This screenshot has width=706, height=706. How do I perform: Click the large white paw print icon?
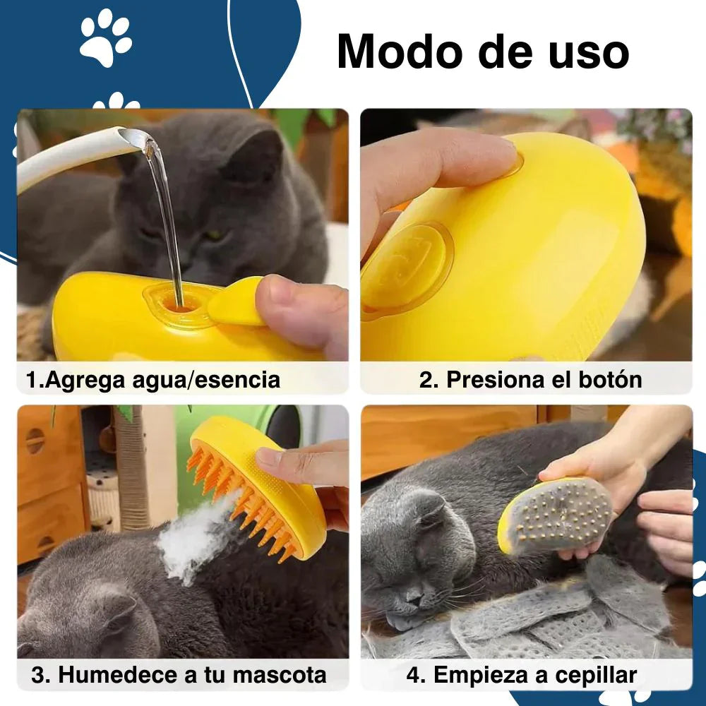pyautogui.click(x=106, y=38)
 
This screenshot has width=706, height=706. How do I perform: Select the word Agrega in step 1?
pyautogui.click(x=85, y=381)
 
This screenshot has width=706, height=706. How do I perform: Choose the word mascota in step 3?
pyautogui.click(x=279, y=675)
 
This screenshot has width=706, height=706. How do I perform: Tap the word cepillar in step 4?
pyautogui.click(x=596, y=676)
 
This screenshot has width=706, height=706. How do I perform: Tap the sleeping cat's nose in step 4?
pyautogui.click(x=413, y=597)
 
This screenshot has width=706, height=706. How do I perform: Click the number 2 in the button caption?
pyautogui.click(x=426, y=380)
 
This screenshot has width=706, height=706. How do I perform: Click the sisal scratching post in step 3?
pyautogui.click(x=131, y=468)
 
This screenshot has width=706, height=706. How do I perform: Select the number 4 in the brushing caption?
pyautogui.click(x=414, y=676)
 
